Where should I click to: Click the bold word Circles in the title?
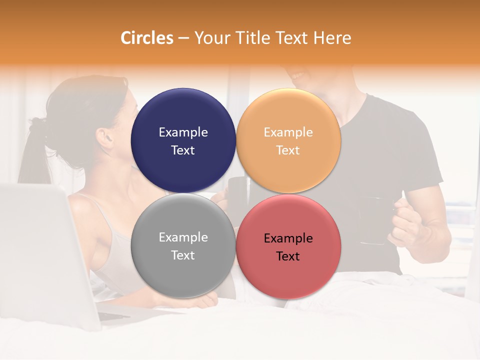coord(147,38)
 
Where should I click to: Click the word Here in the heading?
coord(332,38)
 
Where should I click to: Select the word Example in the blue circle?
coord(183,132)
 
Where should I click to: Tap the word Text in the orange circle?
coord(288,150)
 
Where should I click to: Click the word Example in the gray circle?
coord(183,237)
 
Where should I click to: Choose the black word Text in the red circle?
coord(288,256)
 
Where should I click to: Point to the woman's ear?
coord(103,136)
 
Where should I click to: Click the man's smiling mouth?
coord(299,76)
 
